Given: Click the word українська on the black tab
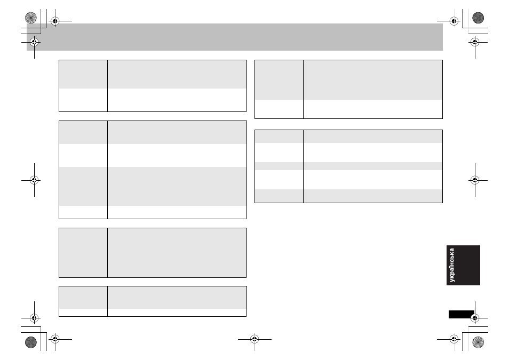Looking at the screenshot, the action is [x=452, y=265].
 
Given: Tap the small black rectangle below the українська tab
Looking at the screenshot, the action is [x=462, y=314].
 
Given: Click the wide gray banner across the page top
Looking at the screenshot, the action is [x=235, y=37].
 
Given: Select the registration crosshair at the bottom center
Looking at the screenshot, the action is [x=254, y=339].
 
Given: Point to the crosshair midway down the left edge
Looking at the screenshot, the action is [x=34, y=180].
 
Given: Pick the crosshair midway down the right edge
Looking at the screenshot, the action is [x=475, y=180].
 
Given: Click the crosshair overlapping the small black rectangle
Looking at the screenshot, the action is [x=475, y=318].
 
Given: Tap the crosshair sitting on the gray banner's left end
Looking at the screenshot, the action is [x=34, y=42].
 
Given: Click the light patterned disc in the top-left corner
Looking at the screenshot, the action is [x=31, y=18].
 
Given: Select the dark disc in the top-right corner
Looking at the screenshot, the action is [x=478, y=18].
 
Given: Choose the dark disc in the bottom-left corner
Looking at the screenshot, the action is [x=31, y=342].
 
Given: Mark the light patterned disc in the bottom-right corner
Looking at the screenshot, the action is [x=478, y=342].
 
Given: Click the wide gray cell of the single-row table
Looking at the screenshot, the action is [x=177, y=253].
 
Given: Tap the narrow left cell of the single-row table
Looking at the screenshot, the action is [x=83, y=253].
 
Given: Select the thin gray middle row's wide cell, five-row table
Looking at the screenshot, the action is [x=372, y=166].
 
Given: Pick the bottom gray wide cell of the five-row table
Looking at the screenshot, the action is [x=372, y=196].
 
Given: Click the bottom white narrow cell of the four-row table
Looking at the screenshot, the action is [x=83, y=212].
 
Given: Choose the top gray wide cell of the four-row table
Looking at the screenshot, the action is [x=177, y=132].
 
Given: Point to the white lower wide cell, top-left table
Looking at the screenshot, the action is [x=177, y=100].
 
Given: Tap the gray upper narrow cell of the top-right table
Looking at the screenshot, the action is [x=279, y=80].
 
